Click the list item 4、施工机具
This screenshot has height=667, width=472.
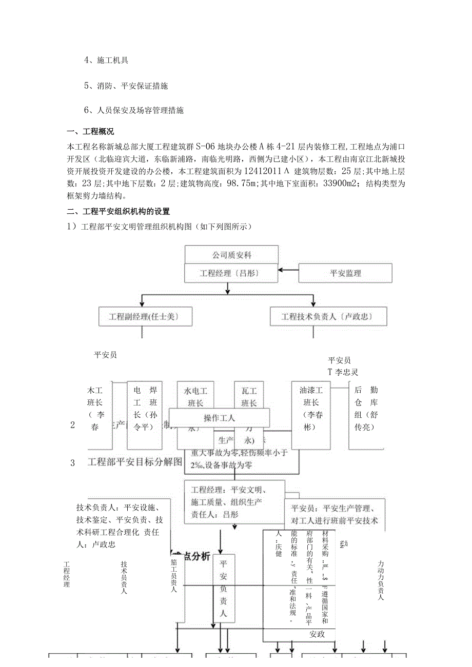point(106,60)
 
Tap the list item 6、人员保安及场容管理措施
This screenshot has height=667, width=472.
point(134,110)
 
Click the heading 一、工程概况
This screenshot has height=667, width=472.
point(91,132)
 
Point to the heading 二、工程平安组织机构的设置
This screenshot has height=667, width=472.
point(119,211)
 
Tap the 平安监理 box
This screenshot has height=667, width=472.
point(345,273)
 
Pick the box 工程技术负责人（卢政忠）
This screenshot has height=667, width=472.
point(328,317)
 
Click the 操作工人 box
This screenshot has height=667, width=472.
point(219,418)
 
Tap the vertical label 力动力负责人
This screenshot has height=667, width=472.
point(380,580)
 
